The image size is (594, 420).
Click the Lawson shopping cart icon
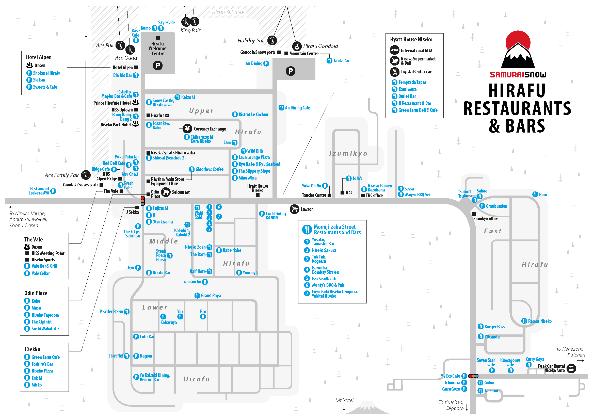294,209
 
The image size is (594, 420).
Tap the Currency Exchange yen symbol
187,128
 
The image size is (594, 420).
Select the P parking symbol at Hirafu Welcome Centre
157,66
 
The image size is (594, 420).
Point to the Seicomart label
181,192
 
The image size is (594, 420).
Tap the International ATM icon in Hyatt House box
394,50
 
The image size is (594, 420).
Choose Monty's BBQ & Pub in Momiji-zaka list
328,285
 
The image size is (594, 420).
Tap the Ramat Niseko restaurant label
540,321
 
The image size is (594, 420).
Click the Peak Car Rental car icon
571,368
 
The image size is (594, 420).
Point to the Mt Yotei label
344,400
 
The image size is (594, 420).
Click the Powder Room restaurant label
111,311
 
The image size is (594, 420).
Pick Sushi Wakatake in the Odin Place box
45,329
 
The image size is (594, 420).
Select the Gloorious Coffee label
209,169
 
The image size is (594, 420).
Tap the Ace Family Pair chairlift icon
86,175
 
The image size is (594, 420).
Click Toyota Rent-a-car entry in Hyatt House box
416,72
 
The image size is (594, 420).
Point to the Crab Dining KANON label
276,216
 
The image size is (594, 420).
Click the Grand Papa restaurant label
211,295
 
